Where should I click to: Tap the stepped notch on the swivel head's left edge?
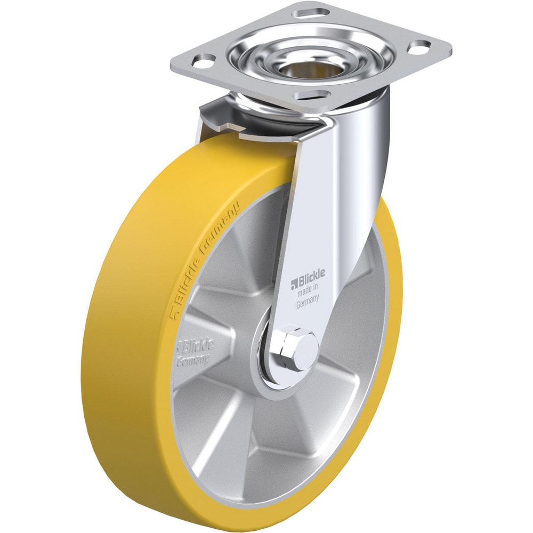click(224, 127)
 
